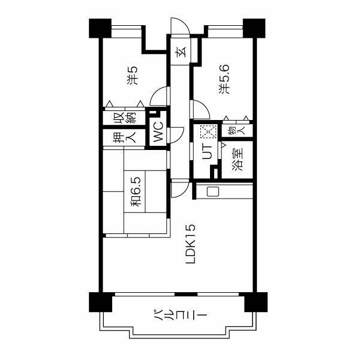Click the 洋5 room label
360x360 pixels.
tap(133, 76)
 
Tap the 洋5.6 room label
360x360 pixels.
tap(224, 79)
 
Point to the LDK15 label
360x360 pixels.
tap(191, 244)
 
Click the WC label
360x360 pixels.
tap(158, 132)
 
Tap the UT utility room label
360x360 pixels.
tap(207, 151)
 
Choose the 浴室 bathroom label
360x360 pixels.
tap(238, 160)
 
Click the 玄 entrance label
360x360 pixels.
tap(181, 52)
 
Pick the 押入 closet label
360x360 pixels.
tap(124, 137)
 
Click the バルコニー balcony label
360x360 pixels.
tap(180, 314)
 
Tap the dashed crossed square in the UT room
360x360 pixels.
tap(209, 131)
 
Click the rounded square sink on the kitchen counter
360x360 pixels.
tap(213, 192)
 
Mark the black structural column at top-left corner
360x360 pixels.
tap(100, 28)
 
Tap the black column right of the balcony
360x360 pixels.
tap(256, 302)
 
